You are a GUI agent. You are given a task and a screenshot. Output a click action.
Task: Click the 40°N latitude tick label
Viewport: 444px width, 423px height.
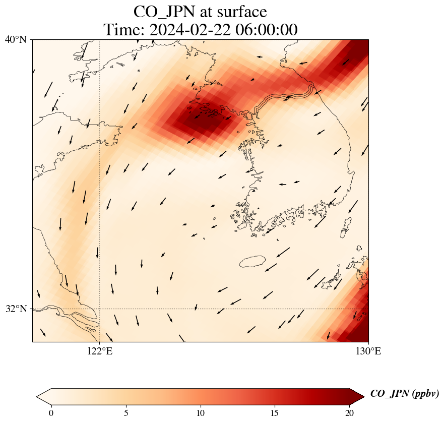[x=16, y=39]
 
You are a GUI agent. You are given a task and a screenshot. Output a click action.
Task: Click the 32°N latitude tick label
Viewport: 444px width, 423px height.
[x=16, y=309]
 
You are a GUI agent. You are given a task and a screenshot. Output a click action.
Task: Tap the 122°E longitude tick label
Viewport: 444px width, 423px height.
[x=100, y=351]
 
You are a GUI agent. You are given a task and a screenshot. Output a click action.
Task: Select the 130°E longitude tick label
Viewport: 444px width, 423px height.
[x=368, y=351]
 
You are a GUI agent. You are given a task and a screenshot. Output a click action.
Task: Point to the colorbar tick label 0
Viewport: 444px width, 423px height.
[x=51, y=413]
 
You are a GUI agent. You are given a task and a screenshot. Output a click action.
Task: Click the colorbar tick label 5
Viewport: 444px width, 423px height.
[x=126, y=413]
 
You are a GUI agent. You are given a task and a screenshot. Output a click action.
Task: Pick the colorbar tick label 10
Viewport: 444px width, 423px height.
[x=201, y=413]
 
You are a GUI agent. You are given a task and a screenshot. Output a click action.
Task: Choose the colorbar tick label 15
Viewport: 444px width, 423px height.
[x=275, y=413]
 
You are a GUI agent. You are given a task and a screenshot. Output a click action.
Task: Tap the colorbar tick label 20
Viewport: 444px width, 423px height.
[x=350, y=413]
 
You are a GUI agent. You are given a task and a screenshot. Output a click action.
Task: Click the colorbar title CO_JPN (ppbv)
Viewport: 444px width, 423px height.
[x=404, y=394]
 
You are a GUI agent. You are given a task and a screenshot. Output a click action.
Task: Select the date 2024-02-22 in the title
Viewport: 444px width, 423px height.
[x=189, y=29]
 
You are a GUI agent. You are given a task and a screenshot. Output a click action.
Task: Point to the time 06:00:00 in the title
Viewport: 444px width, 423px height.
[x=265, y=29]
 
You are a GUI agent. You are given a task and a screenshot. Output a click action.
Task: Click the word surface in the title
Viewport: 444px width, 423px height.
[x=242, y=11]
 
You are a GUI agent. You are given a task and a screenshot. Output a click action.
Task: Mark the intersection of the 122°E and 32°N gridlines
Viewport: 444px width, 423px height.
[x=100, y=309]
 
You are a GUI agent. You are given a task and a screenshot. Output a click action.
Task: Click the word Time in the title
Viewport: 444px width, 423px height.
[x=123, y=29]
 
